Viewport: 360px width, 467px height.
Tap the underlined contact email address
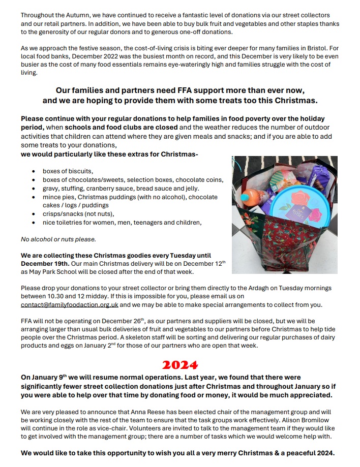click(x=70, y=305)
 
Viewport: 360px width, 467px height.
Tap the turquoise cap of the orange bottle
click(x=245, y=196)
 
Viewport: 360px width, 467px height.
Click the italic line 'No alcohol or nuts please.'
click(x=58, y=239)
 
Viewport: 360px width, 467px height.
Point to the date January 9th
click(x=50, y=378)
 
